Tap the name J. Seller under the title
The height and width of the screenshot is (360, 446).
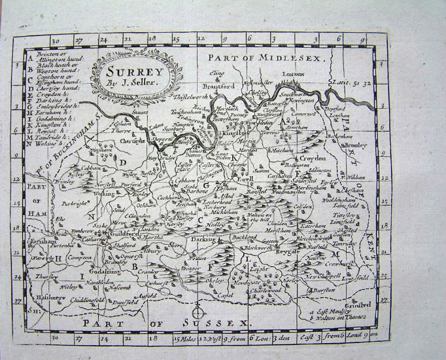133,82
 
